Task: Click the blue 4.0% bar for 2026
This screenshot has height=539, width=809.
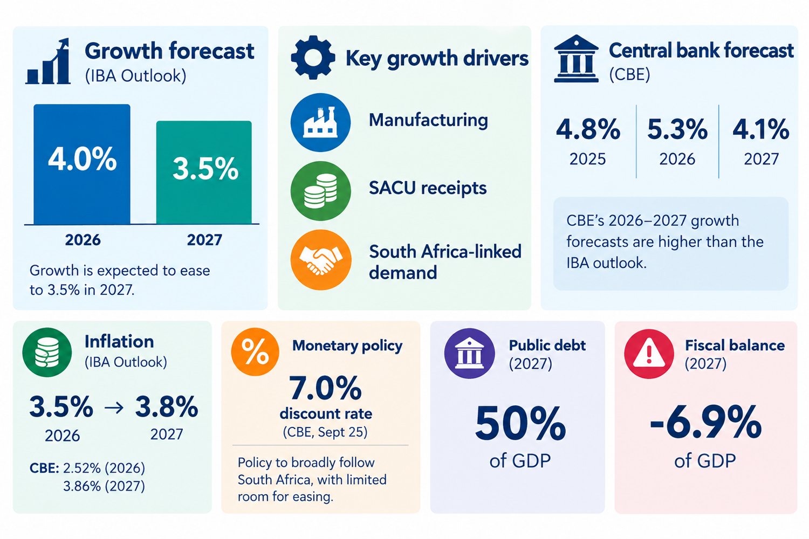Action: click(82, 164)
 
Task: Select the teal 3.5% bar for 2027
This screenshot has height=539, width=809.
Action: click(204, 172)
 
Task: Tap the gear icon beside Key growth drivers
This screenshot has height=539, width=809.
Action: click(313, 57)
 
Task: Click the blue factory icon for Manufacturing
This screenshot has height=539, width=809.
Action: click(320, 122)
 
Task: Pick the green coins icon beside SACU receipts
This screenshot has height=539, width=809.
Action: click(320, 191)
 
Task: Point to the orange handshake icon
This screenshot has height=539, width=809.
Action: click(321, 260)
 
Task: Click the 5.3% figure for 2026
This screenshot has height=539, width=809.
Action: click(677, 129)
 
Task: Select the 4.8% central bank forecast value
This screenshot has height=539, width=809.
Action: click(588, 129)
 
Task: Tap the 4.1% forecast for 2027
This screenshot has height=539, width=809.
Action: click(760, 129)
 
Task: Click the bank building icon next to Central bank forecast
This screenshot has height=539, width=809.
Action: click(576, 59)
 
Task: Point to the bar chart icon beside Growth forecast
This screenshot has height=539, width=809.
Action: click(48, 61)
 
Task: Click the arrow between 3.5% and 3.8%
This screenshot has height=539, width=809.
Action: click(114, 408)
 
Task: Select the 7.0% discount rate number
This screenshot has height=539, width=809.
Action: click(325, 388)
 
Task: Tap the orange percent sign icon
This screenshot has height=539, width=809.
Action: click(255, 351)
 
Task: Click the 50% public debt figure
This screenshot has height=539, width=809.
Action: click(520, 424)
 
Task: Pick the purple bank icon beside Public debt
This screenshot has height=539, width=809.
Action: click(469, 353)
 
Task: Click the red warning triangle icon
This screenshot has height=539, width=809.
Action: click(649, 354)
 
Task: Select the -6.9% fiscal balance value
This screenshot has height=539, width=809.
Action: click(705, 423)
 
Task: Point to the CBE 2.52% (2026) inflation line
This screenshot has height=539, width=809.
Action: click(87, 468)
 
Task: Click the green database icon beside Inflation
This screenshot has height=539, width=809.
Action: click(47, 353)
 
